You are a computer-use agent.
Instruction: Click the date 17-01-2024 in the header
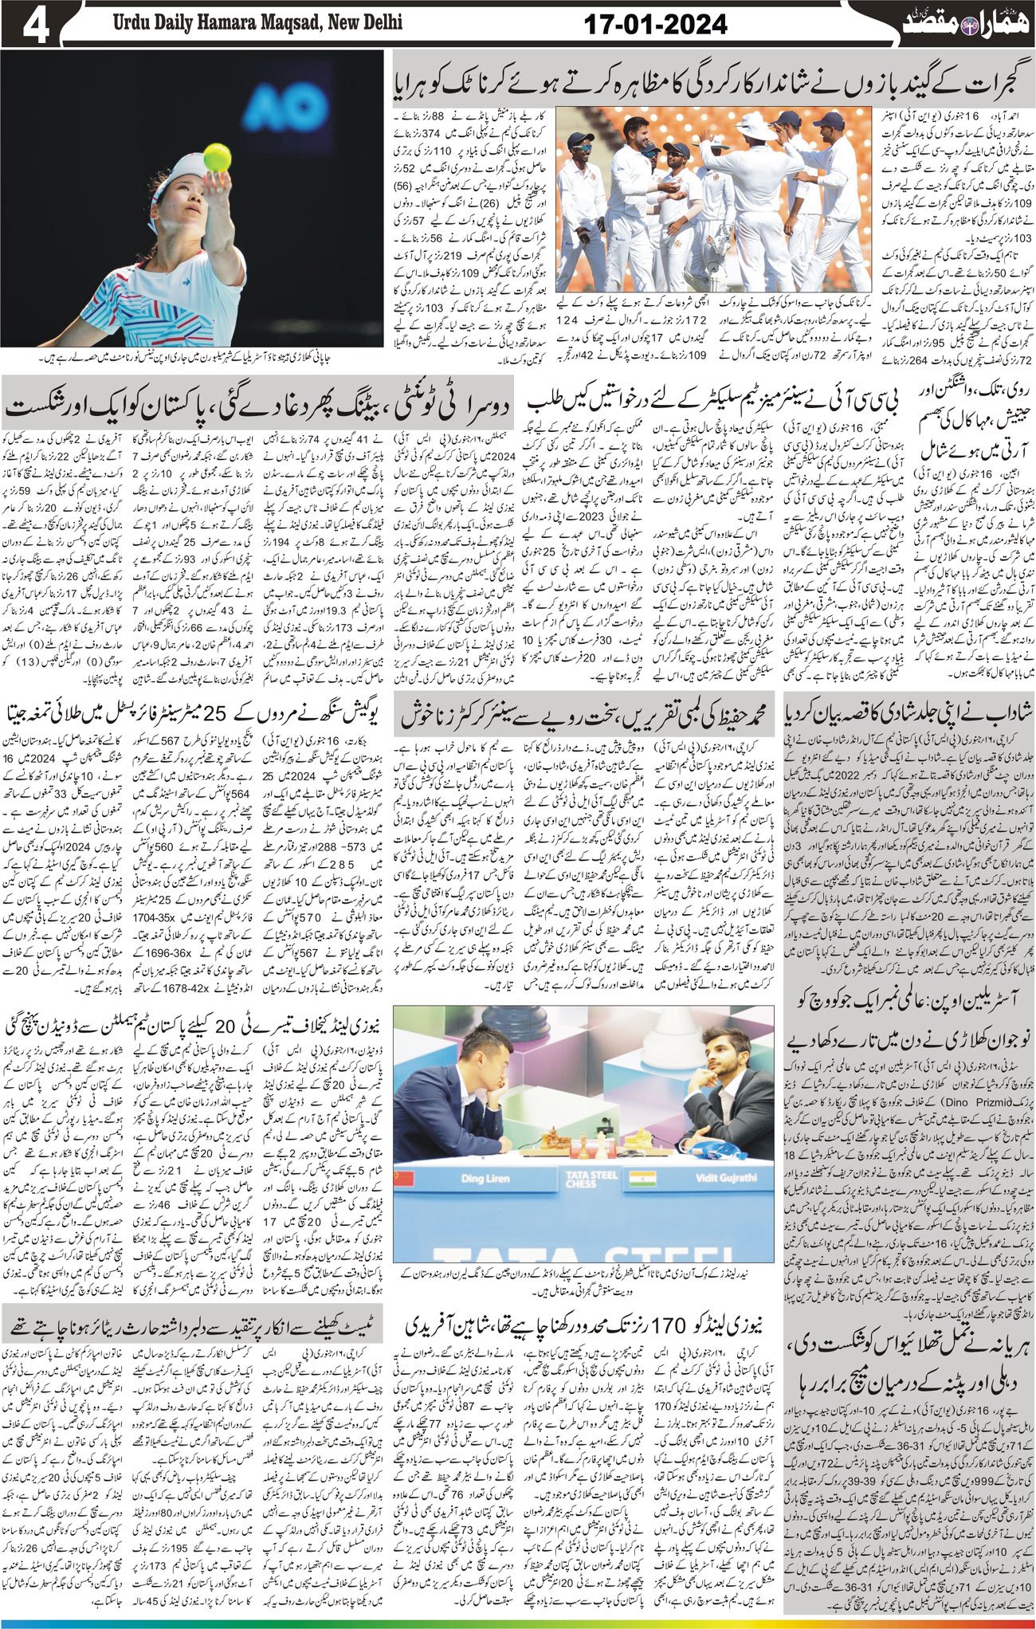pyautogui.click(x=655, y=25)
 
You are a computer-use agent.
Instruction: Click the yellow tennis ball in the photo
pyautogui.click(x=217, y=157)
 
